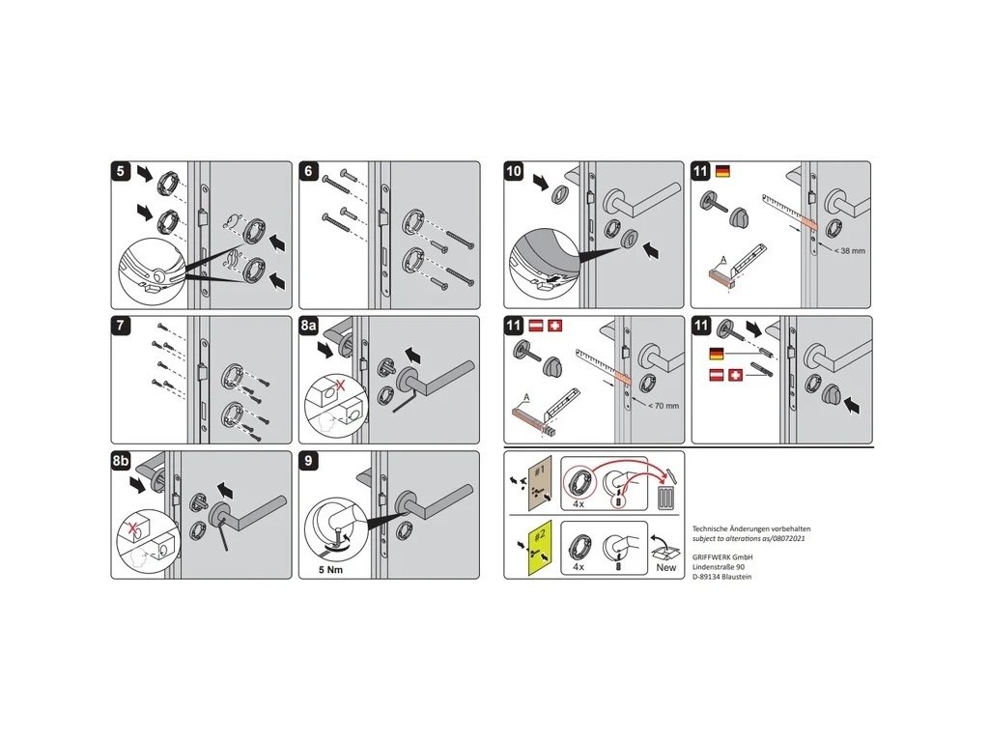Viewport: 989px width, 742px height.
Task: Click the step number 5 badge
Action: [x=120, y=171]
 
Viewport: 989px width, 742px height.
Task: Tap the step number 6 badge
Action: [x=309, y=171]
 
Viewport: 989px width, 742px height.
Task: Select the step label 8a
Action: [x=311, y=327]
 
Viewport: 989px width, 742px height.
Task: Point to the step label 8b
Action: [x=123, y=462]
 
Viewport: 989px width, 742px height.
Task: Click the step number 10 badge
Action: [x=515, y=171]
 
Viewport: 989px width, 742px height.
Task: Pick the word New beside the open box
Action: [x=666, y=567]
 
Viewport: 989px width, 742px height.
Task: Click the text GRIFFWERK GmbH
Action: [x=722, y=556]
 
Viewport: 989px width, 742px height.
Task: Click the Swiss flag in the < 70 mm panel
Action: [x=554, y=328]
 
